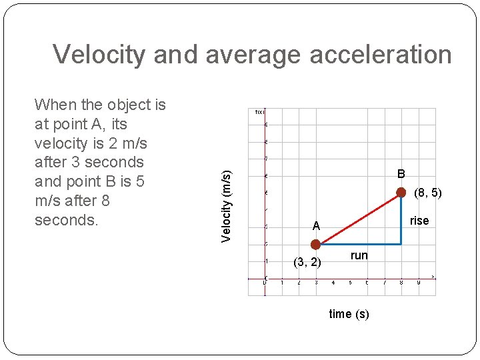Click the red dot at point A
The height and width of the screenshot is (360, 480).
click(315, 244)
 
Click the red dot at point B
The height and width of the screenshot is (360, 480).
click(401, 193)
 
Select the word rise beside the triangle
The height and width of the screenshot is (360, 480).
click(419, 221)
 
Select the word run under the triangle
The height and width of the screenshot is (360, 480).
click(359, 255)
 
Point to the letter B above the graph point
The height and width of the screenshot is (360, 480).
click(401, 174)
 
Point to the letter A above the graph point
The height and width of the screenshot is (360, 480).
click(317, 227)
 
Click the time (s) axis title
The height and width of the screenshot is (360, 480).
click(349, 314)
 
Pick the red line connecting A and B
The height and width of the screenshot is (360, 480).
click(358, 219)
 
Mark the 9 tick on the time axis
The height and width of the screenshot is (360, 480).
click(418, 283)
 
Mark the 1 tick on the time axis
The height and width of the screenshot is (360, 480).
click(282, 283)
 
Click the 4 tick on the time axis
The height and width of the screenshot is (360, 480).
click(333, 283)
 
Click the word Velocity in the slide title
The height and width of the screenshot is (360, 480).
click(98, 55)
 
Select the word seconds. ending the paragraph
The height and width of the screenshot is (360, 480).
click(66, 220)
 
